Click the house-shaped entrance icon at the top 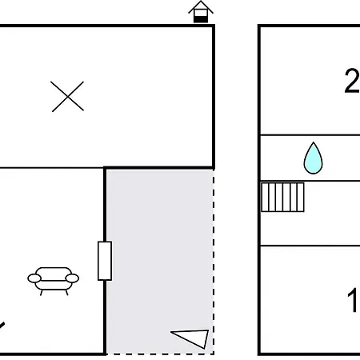(201, 12)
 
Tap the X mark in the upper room (67, 96)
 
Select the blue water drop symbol (313, 158)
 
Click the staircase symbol (282, 197)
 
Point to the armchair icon (54, 281)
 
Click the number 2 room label (352, 81)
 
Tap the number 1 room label (353, 300)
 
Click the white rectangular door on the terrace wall (105, 261)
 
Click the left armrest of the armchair (34, 278)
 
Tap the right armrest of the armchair (72, 278)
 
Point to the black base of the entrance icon (201, 19)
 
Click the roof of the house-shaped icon (201, 7)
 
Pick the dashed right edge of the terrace (214, 262)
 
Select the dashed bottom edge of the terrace (160, 354)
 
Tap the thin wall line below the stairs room (310, 246)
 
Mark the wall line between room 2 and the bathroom (310, 135)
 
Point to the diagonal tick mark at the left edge (2, 326)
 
